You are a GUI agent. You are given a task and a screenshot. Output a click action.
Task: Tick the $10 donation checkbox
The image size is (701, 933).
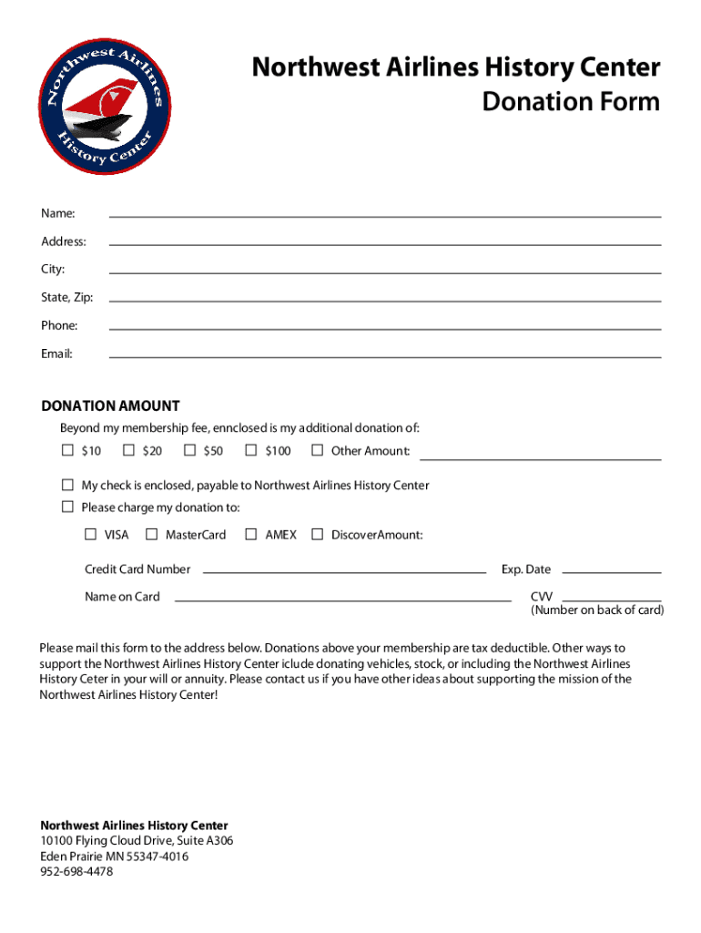click(x=67, y=450)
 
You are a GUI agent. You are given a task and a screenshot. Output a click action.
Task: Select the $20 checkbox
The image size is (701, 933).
click(x=128, y=450)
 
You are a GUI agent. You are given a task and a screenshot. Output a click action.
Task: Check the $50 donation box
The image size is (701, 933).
click(x=189, y=450)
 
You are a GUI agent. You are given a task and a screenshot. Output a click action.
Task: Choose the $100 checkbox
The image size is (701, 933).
click(x=251, y=450)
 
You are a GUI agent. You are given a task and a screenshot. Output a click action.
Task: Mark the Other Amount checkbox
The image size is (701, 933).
click(x=317, y=450)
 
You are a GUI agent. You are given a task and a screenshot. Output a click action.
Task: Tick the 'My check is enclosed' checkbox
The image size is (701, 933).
click(x=67, y=485)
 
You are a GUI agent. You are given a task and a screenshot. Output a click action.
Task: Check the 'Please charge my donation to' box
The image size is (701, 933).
click(x=67, y=507)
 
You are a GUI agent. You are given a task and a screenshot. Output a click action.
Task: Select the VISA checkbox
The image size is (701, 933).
click(x=90, y=534)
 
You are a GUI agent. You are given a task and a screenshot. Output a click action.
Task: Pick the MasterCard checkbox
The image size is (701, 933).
click(x=151, y=534)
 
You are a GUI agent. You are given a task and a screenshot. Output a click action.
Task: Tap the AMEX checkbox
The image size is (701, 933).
click(x=251, y=534)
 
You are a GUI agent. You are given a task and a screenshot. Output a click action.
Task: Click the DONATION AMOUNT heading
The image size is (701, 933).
click(x=110, y=406)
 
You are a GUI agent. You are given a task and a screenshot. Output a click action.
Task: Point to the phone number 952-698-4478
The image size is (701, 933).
click(x=76, y=872)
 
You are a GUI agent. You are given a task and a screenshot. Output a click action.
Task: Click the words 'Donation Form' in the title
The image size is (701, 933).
click(x=571, y=101)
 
